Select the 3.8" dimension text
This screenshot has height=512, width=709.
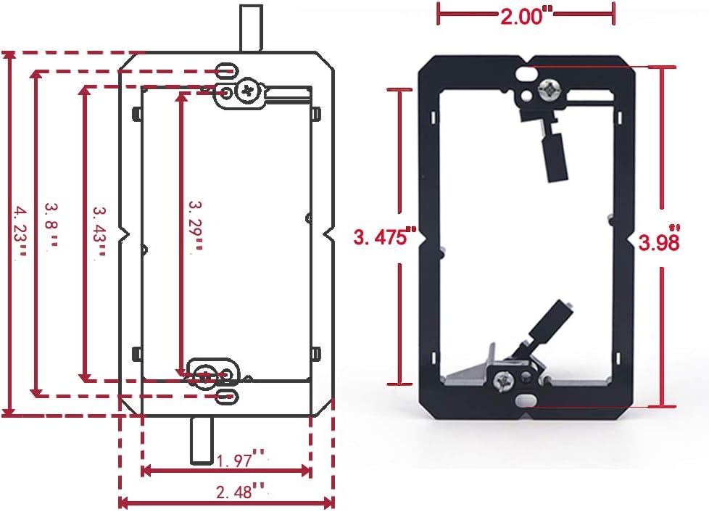pos(50,224)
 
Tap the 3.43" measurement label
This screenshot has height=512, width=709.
pos(99,231)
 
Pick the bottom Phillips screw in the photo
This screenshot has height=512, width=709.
pos(502,379)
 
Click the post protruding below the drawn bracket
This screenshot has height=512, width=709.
pos(202,440)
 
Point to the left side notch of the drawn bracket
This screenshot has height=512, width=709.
pos(125,234)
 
